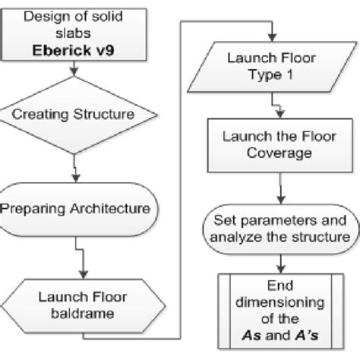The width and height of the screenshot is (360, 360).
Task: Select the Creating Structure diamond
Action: [74, 115]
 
